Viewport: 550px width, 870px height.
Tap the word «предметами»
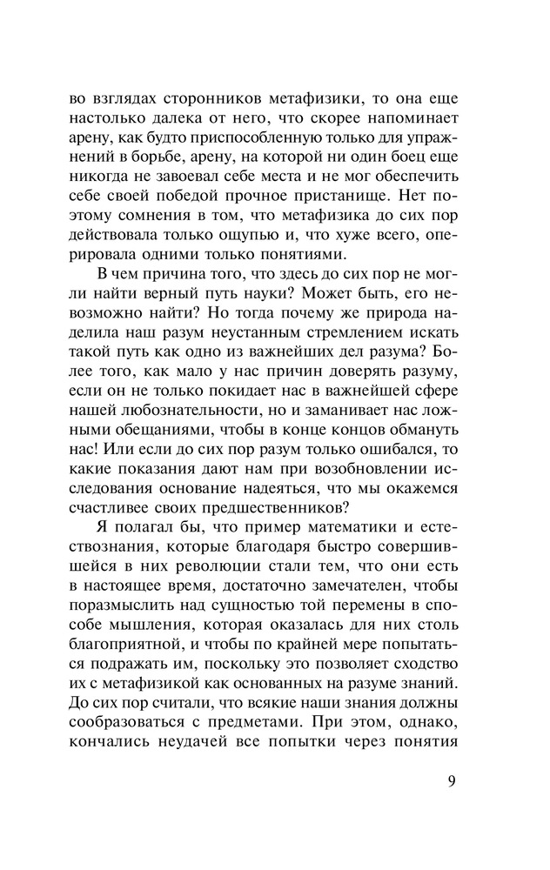click(266, 724)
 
